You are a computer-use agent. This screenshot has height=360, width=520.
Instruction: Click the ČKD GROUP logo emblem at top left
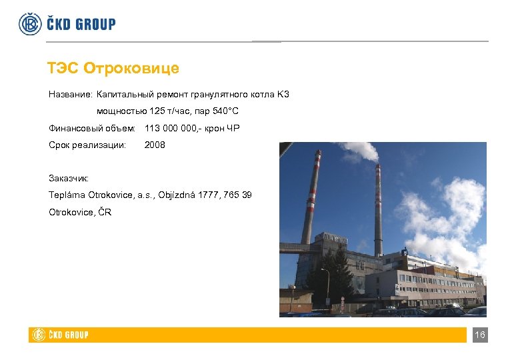(x=30, y=24)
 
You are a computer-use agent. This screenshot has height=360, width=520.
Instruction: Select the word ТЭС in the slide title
(x=63, y=69)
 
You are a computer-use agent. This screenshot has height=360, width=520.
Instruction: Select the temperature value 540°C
(x=222, y=111)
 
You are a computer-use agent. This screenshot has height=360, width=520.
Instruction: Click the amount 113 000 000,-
(x=176, y=128)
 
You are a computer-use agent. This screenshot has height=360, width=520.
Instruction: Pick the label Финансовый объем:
(x=92, y=128)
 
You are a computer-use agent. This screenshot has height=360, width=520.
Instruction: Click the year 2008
(x=155, y=145)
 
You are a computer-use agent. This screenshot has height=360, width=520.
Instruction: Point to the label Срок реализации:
(x=87, y=145)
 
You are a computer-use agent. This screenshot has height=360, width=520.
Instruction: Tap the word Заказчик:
(x=73, y=178)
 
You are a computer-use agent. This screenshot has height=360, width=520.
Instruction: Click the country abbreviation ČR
(x=105, y=212)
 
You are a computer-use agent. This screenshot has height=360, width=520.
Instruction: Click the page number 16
(x=479, y=335)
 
